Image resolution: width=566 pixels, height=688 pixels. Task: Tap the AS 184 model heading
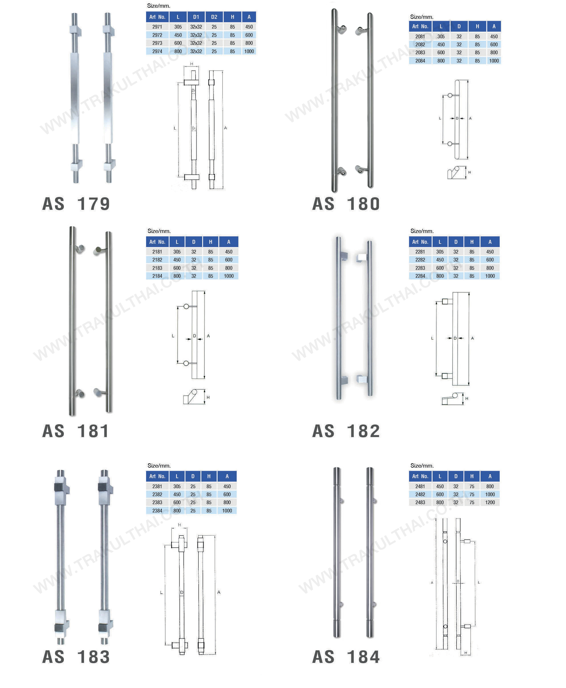coord(346,657)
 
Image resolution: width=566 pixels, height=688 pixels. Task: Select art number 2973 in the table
coord(157,43)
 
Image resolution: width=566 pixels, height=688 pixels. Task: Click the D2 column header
coord(214,17)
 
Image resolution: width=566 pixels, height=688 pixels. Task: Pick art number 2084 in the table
coord(420,61)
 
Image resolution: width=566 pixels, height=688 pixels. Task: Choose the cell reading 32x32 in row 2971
coord(196,27)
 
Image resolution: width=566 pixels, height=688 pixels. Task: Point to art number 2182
coord(157,260)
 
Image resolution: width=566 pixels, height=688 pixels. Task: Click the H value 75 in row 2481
coord(472,486)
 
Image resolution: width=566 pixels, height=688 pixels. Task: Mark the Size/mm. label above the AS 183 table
coord(159,466)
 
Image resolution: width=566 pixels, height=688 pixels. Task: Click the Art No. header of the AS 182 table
coord(420,242)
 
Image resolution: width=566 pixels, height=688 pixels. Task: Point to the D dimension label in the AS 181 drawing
coord(194,336)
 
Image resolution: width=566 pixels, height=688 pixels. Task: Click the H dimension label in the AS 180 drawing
coord(470,172)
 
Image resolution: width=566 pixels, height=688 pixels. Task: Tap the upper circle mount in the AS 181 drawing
coord(186,307)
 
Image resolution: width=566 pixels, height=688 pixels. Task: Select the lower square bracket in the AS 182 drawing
coord(445,376)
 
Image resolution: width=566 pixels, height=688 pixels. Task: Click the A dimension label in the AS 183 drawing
coord(219,592)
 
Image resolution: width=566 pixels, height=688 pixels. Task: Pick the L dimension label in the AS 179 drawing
coord(175,128)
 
